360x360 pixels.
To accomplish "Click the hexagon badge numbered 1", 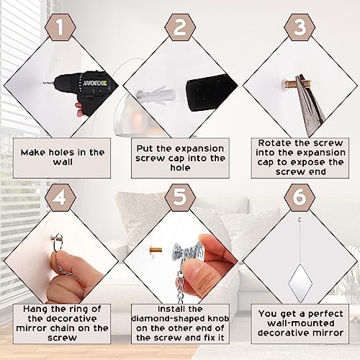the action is pyautogui.click(x=60, y=27).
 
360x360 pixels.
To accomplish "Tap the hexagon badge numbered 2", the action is pyautogui.click(x=180, y=27).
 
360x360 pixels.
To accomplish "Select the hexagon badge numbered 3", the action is pyautogui.click(x=300, y=27).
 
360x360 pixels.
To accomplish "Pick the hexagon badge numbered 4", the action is pyautogui.click(x=60, y=197).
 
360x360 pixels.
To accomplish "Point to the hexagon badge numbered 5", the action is pyautogui.click(x=180, y=197).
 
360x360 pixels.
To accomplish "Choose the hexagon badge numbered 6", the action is pyautogui.click(x=300, y=197).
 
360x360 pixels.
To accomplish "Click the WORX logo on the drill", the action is pyautogui.click(x=95, y=84).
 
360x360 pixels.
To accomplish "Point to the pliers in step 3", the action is pyautogui.click(x=309, y=103).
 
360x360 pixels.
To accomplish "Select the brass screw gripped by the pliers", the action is pyautogui.click(x=297, y=84).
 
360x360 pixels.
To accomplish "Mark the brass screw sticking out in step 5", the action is pyautogui.click(x=156, y=251).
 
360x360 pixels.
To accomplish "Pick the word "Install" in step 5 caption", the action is pyautogui.click(x=168, y=309).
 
